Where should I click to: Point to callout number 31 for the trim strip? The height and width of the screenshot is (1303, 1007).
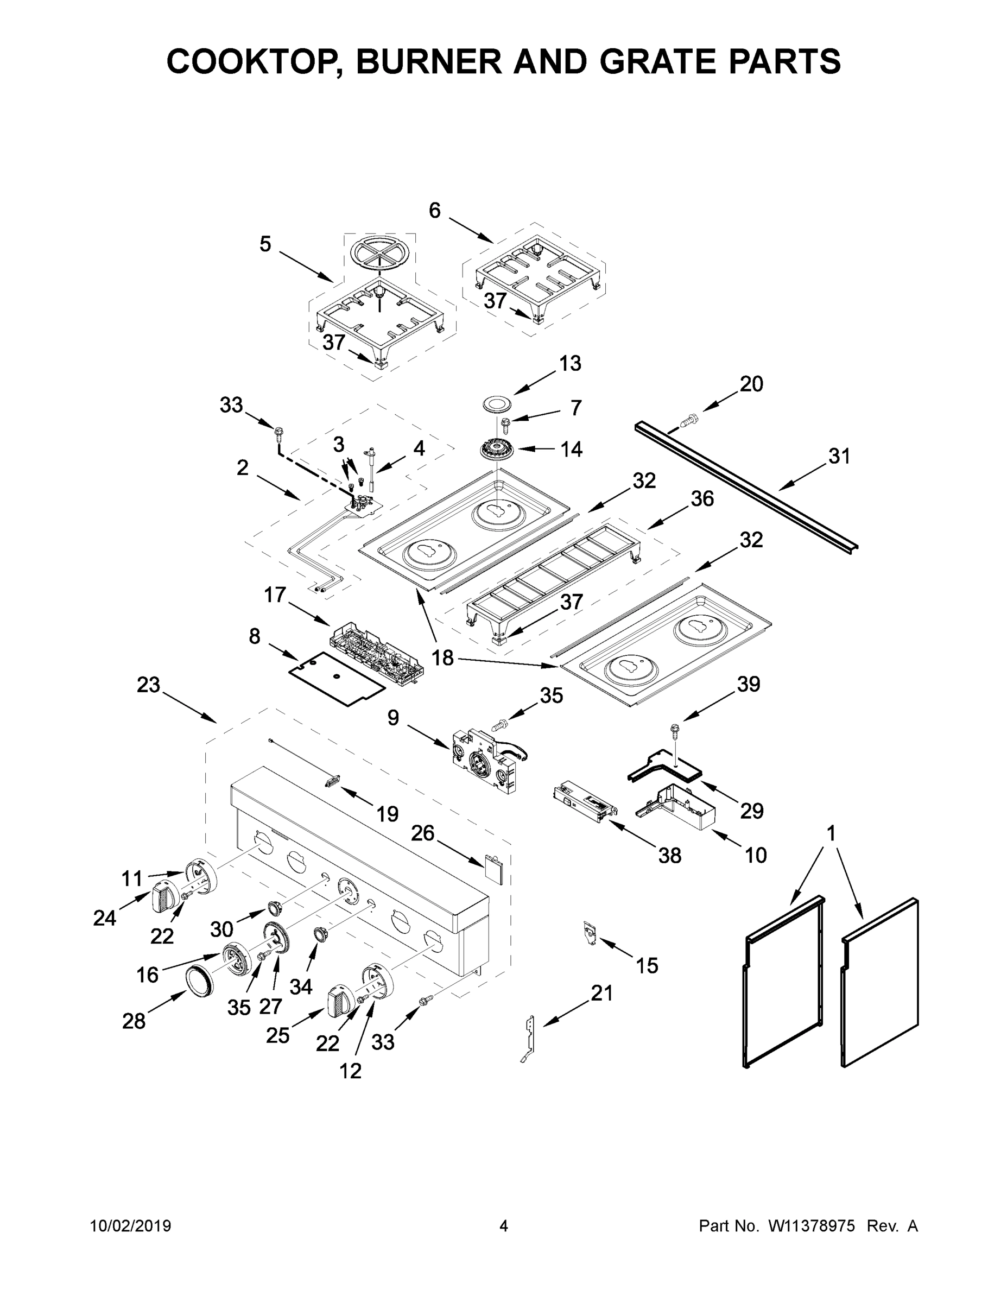[839, 456]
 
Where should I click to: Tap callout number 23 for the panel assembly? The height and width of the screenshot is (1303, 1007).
[149, 685]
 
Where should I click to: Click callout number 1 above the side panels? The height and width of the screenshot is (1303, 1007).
[831, 833]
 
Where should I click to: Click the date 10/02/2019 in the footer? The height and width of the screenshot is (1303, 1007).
[131, 1226]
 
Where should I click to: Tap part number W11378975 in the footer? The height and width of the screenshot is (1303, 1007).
[812, 1226]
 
